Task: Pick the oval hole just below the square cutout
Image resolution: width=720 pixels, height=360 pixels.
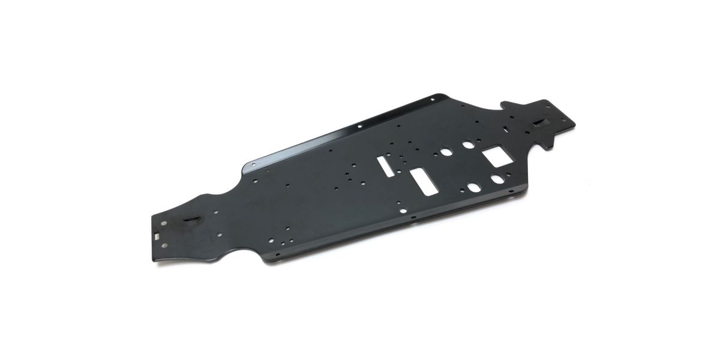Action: point(497,178)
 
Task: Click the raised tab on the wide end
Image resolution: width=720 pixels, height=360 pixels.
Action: point(538,124)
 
